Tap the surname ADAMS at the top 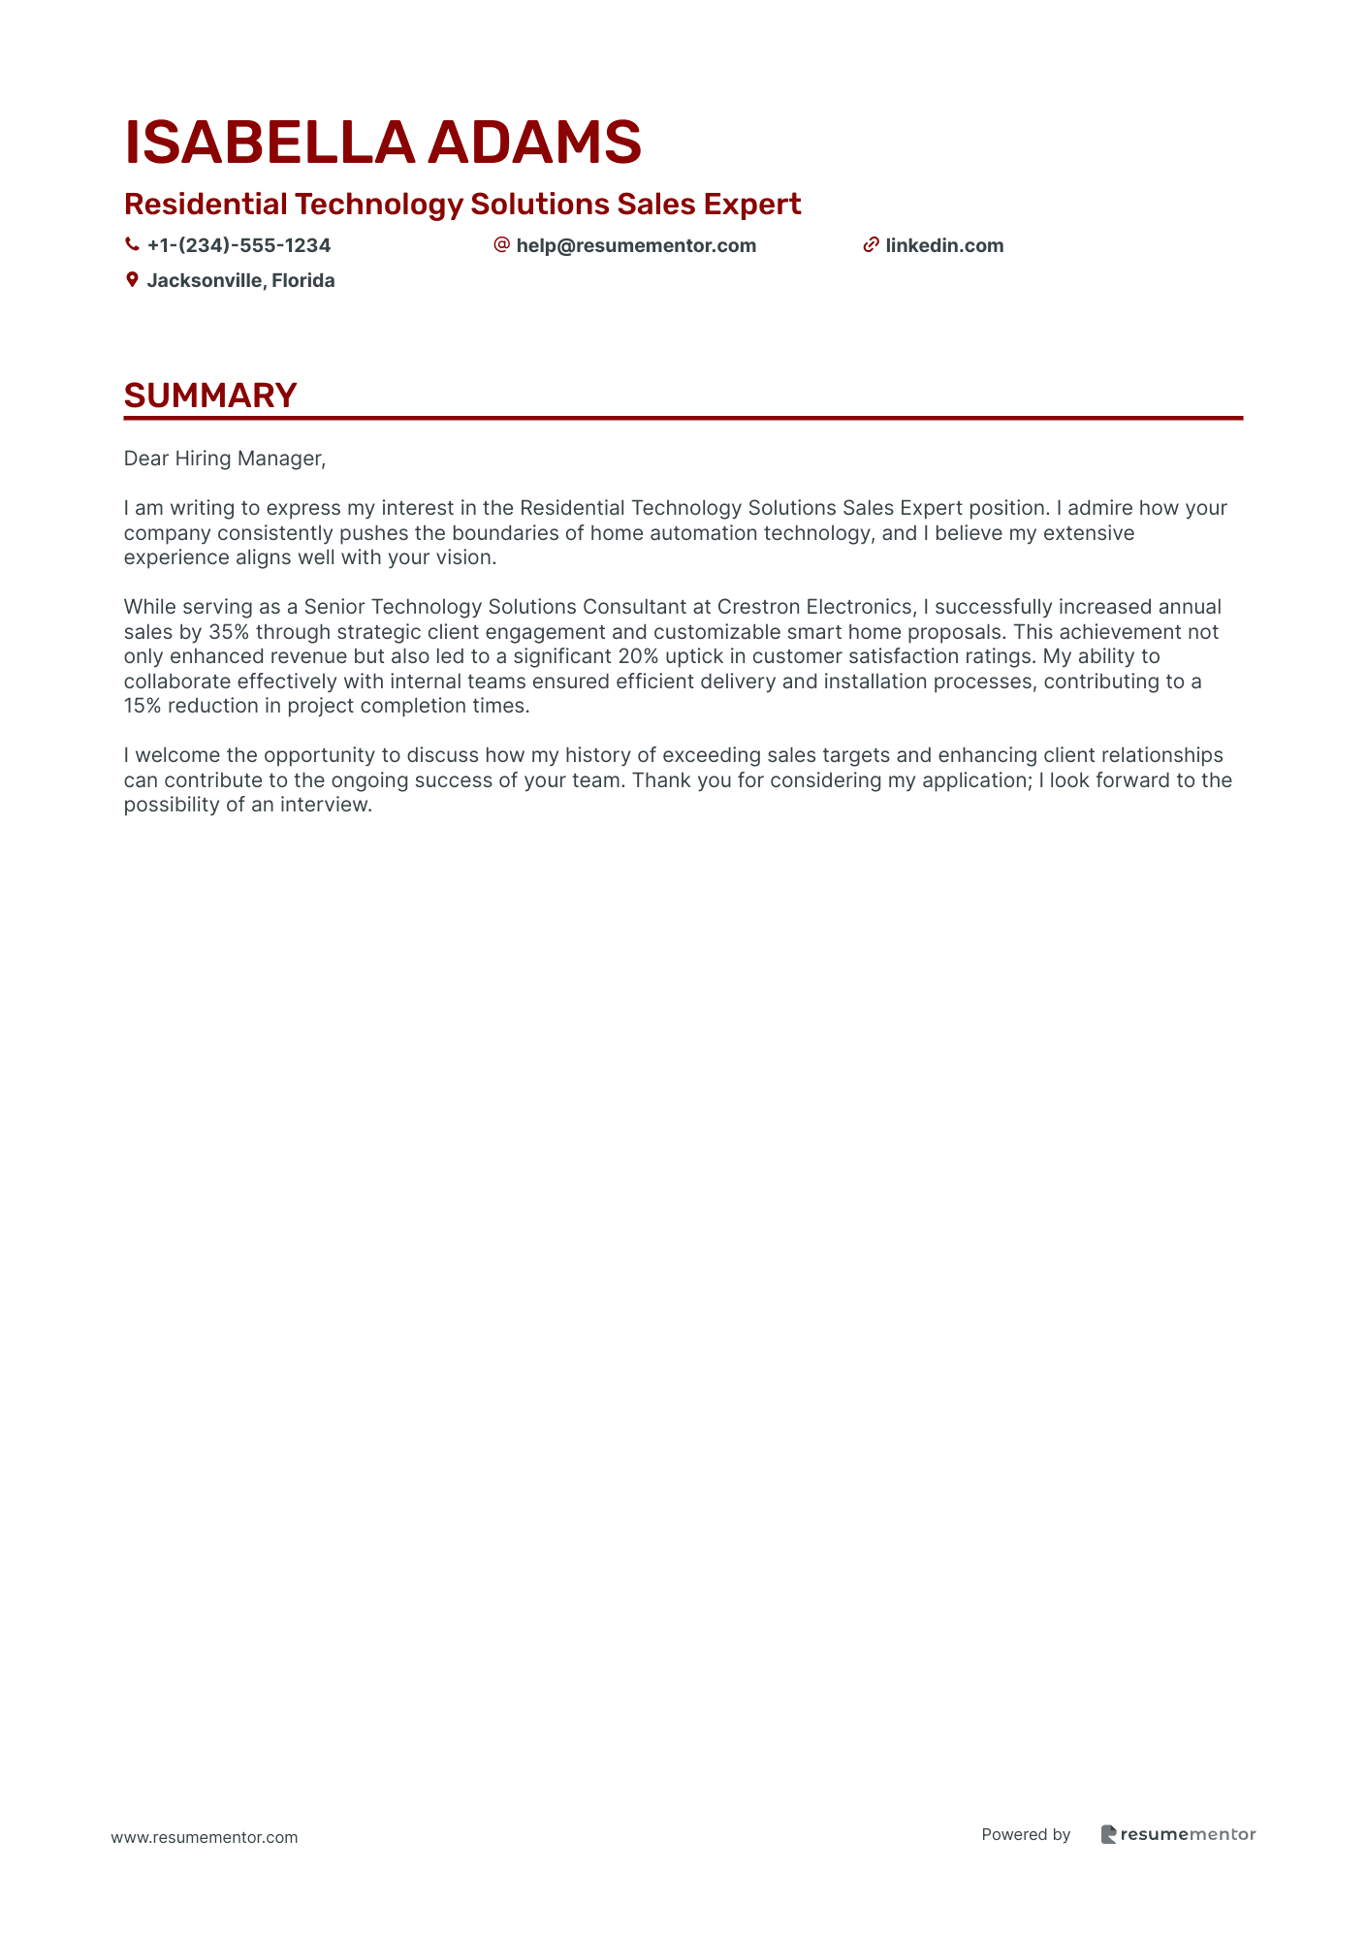(x=534, y=143)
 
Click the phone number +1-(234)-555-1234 (x=238, y=245)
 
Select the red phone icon (x=132, y=245)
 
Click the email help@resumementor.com (x=636, y=245)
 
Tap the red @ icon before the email (x=501, y=244)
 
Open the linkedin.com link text (x=944, y=245)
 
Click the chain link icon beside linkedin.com (x=871, y=245)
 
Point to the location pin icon (x=132, y=280)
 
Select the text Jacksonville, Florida (x=240, y=280)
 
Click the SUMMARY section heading (x=210, y=396)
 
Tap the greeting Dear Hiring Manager (x=224, y=459)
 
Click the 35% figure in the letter (x=229, y=632)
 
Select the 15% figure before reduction (x=143, y=706)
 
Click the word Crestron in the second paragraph (x=757, y=607)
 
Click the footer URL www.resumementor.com (x=205, y=1837)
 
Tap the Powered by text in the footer (x=1026, y=1834)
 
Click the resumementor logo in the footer (x=1178, y=1834)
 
